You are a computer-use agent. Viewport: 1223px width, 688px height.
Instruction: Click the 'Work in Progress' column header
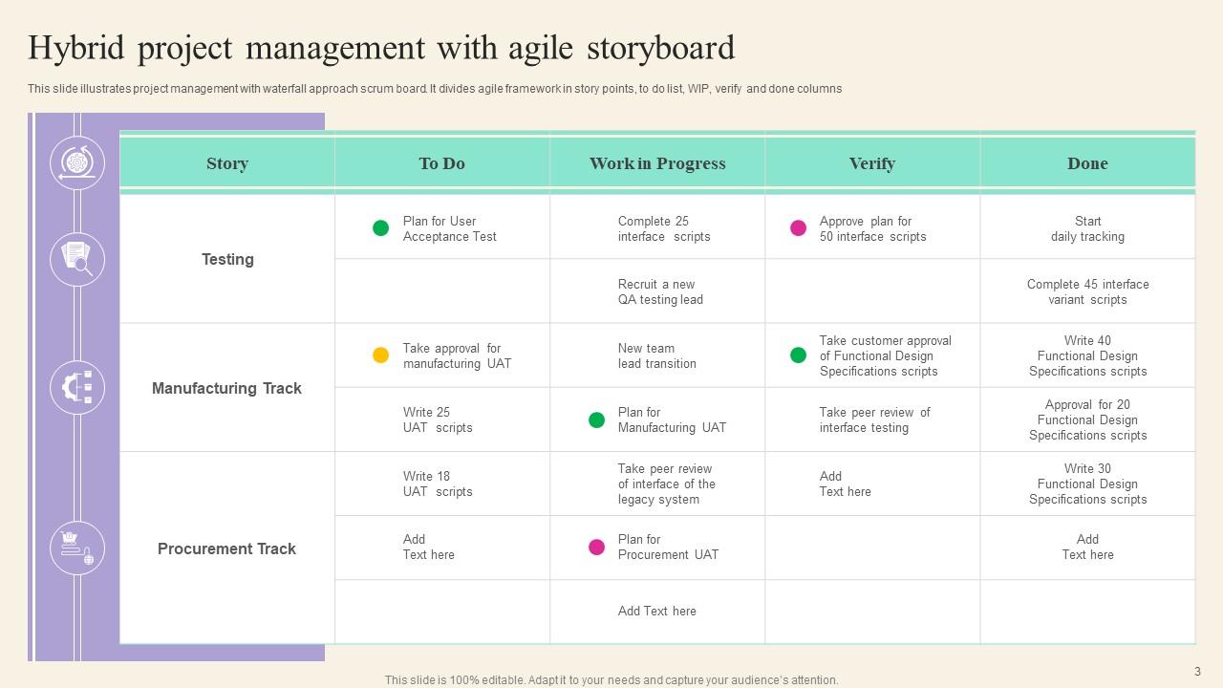coord(657,163)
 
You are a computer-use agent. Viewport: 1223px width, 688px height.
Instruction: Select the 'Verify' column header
coord(871,163)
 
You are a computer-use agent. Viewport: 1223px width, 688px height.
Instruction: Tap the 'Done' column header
coord(1087,163)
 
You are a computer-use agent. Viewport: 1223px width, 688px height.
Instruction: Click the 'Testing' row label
coord(227,259)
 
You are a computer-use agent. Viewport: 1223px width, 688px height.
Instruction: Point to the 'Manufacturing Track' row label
coord(226,388)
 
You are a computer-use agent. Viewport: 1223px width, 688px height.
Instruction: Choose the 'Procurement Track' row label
coord(226,548)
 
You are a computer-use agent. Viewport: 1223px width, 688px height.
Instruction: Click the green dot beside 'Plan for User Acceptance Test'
coord(380,228)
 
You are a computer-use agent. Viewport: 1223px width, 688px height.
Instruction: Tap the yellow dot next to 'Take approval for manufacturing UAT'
coord(380,355)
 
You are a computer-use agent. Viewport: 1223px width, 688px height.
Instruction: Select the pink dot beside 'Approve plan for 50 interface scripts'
coord(798,228)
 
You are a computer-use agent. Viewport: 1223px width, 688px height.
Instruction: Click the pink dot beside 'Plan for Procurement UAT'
coord(596,548)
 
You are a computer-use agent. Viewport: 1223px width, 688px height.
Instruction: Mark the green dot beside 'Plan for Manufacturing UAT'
coord(596,419)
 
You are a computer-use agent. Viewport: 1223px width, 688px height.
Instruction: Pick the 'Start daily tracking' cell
coord(1087,228)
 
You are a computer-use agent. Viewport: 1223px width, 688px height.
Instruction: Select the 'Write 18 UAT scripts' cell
coord(438,484)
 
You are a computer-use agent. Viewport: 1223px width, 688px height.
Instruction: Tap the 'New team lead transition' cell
coord(656,355)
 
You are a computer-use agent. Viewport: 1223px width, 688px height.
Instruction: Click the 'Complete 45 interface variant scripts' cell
coord(1087,291)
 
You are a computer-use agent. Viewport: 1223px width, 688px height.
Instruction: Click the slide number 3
coord(1197,672)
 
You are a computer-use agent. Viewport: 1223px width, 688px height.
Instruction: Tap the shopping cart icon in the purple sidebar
coord(77,548)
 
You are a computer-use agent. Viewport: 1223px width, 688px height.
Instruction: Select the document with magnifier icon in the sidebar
coord(77,259)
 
